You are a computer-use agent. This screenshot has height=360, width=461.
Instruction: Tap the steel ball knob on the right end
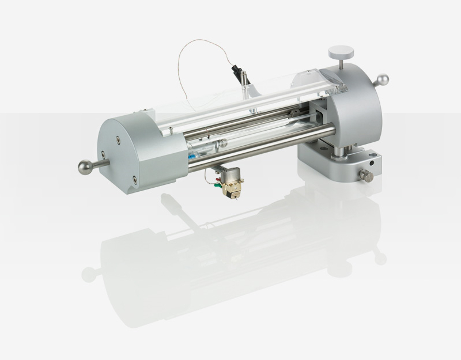tap(383, 80)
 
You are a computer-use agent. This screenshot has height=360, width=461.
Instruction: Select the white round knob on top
tap(338, 52)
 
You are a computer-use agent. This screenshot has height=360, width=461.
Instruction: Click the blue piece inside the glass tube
tap(192, 155)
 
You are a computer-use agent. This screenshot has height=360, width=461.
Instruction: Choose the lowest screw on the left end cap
tap(133, 179)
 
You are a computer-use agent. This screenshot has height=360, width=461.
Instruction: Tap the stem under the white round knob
tap(339, 63)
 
